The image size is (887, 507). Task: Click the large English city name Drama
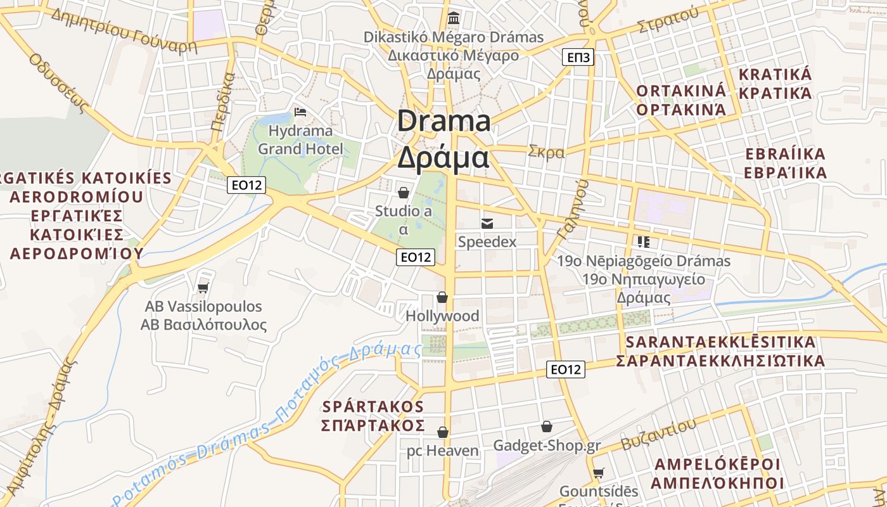coord(443,121)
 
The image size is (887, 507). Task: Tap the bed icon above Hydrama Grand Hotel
coord(300,112)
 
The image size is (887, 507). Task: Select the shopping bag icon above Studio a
coord(403,192)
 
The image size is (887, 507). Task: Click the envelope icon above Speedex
coord(487,223)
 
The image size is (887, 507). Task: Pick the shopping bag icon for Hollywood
coord(442,297)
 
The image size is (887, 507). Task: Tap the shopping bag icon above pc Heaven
coord(443,432)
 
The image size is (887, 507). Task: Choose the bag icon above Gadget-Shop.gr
coord(546,427)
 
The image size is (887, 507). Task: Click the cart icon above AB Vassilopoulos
coord(203,288)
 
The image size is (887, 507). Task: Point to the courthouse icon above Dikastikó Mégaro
coord(454,18)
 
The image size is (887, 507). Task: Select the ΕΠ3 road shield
coord(577,58)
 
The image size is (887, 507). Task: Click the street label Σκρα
coord(546,152)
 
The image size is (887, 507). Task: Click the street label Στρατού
coord(668,21)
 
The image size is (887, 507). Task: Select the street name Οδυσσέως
coord(58,82)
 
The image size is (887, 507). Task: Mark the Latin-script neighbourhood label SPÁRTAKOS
coord(373,406)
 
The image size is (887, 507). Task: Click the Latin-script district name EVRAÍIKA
coord(785,154)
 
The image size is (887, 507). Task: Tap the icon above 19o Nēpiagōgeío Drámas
coord(644,241)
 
